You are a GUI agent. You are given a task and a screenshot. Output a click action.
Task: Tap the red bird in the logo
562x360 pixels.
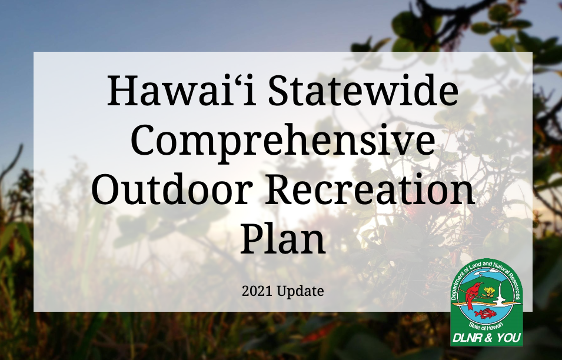(473, 295)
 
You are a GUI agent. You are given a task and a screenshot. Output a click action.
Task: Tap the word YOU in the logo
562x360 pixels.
(508, 338)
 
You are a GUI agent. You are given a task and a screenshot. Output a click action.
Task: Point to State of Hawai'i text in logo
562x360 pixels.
(486, 326)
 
